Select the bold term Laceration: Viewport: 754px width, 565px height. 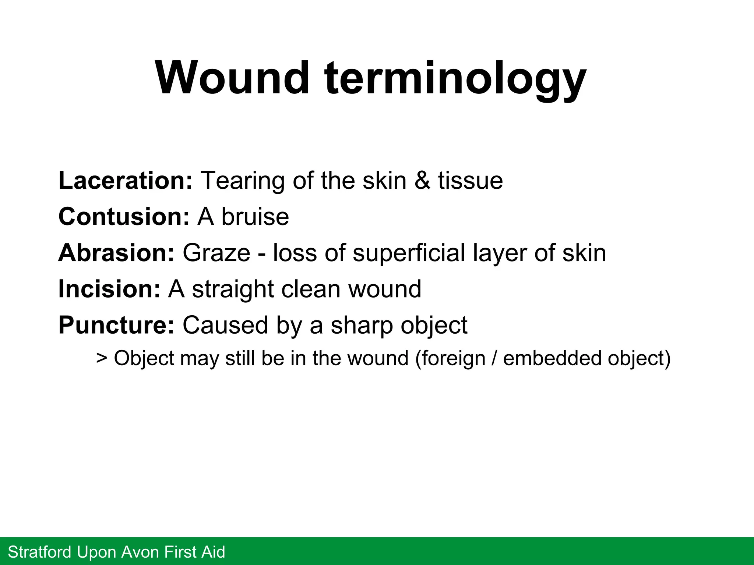point(125,181)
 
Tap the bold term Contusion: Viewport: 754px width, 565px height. point(124,217)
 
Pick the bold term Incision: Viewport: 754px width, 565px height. point(109,289)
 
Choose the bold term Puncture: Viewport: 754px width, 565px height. point(116,325)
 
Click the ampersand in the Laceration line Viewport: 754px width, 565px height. point(422,181)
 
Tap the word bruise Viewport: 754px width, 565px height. point(255,217)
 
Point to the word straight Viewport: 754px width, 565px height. point(233,289)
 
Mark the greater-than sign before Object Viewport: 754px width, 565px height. point(102,358)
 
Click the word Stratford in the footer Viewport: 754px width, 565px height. point(40,552)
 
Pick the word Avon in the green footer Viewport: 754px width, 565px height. point(141,552)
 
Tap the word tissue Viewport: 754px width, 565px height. point(470,181)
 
